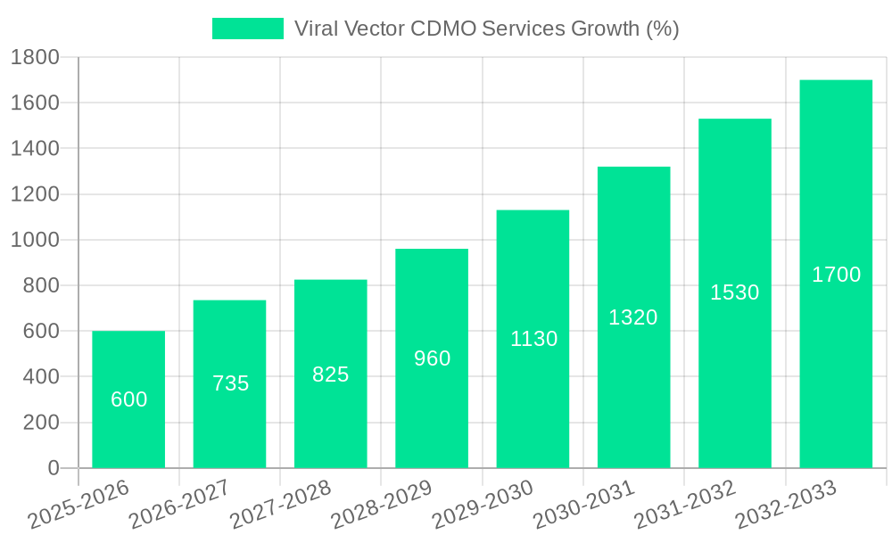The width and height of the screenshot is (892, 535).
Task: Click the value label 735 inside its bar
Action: click(230, 383)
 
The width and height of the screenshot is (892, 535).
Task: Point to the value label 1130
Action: click(533, 339)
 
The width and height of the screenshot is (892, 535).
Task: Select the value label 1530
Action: click(734, 292)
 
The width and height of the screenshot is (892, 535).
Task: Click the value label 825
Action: click(330, 374)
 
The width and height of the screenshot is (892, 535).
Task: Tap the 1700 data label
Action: click(836, 275)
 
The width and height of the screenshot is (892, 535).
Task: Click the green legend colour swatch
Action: click(247, 29)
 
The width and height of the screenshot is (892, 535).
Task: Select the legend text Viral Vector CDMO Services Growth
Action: click(487, 29)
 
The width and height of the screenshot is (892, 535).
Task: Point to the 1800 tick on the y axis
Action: click(35, 58)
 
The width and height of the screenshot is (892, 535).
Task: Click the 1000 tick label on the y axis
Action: click(35, 240)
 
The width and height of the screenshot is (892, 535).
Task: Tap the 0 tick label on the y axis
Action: click(53, 468)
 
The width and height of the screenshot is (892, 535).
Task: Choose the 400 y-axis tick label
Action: click(41, 377)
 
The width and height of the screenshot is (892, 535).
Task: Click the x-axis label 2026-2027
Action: click(178, 505)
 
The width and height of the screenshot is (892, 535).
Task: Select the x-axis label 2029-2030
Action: click(482, 505)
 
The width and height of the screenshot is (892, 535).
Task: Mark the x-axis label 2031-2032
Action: click(684, 505)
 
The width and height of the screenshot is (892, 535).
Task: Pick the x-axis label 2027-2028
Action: click(280, 505)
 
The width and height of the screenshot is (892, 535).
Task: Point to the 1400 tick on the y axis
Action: click(35, 149)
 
